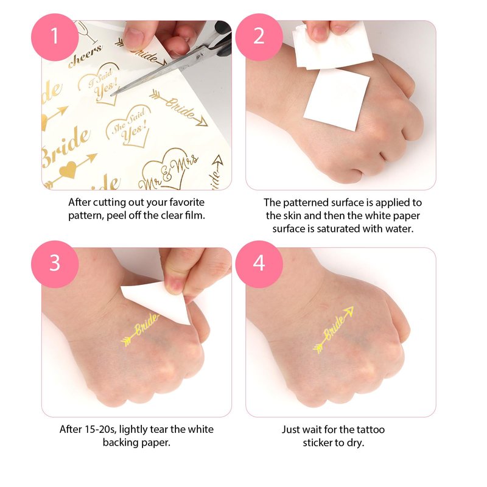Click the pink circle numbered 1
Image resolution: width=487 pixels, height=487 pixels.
(x=55, y=37)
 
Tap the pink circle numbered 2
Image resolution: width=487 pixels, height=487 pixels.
(x=259, y=37)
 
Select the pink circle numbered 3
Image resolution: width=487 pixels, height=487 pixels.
(x=55, y=264)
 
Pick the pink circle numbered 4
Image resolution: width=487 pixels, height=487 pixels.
(x=259, y=264)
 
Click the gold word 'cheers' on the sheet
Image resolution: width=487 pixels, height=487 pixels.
(x=85, y=56)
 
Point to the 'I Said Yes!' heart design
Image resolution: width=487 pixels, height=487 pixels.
(x=99, y=83)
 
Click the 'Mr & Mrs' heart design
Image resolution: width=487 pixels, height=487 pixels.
(x=168, y=169)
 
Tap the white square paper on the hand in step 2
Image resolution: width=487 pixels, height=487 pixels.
(x=337, y=99)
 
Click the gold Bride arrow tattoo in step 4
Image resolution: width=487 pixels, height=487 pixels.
(x=333, y=331)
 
